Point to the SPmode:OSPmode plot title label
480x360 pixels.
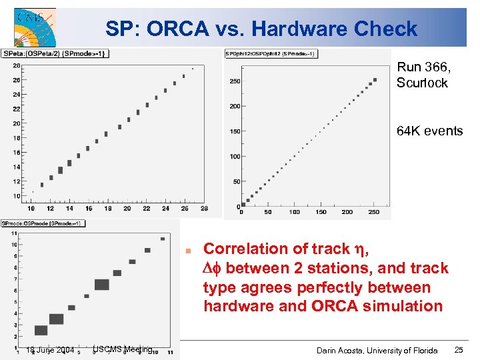point(42,223)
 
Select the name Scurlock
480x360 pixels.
point(422,83)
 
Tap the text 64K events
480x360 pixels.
point(429,131)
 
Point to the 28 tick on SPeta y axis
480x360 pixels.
point(16,65)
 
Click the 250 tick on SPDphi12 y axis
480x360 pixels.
point(235,81)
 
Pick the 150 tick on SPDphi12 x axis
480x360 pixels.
point(321,212)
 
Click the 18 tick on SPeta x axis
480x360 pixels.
point(108,209)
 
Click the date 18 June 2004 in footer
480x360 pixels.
point(49,350)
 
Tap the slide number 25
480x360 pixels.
point(459,350)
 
